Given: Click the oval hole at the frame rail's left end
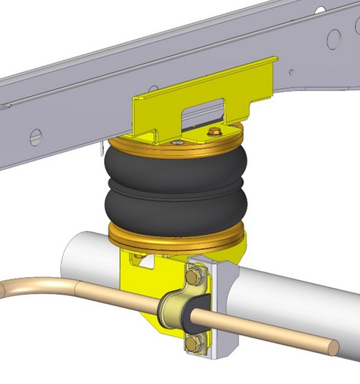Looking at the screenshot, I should [35, 136].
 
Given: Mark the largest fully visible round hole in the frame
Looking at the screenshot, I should [333, 38].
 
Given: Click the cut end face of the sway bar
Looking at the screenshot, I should [333, 347].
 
